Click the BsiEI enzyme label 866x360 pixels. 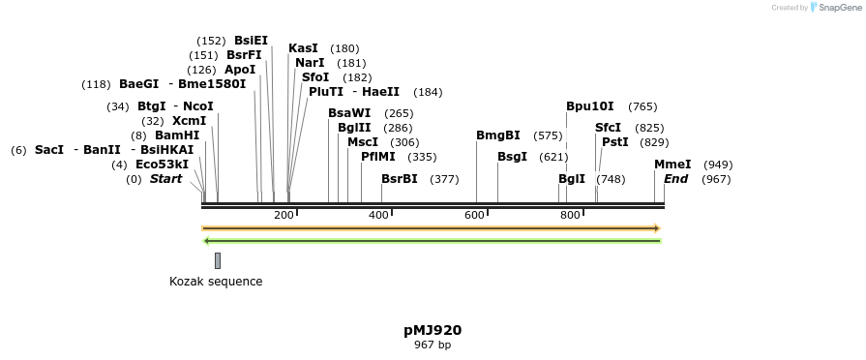tap(251, 41)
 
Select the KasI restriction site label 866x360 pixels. tap(303, 48)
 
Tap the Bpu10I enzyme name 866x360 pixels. tap(590, 106)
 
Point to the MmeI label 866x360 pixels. tap(672, 165)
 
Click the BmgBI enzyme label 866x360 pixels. tap(498, 135)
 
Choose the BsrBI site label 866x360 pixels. tap(400, 179)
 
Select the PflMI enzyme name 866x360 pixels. tap(378, 157)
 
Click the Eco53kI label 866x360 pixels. tap(163, 165)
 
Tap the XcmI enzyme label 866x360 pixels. tap(189, 121)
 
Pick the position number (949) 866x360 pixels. tap(718, 165)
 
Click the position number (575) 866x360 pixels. tap(548, 135)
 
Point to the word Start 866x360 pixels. tap(165, 179)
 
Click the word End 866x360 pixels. tap(676, 179)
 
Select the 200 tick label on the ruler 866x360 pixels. tap(284, 215)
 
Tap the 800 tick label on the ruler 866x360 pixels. tap(570, 215)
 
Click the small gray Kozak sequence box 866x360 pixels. tap(218, 260)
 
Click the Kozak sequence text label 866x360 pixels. tap(216, 282)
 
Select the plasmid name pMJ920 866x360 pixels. tap(433, 330)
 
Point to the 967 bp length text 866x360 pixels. tap(433, 345)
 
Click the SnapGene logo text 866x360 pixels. tap(839, 8)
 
